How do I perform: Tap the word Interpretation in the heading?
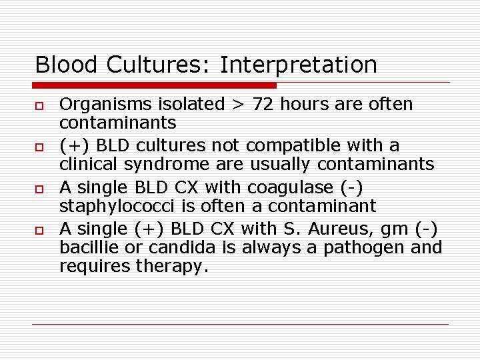(x=298, y=65)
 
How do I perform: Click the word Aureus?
(x=324, y=229)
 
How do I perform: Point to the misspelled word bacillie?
(x=83, y=247)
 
